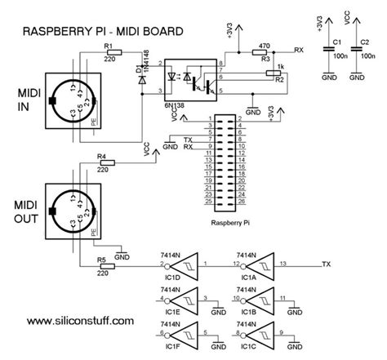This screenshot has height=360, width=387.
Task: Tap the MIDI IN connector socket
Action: pyautogui.click(x=71, y=102)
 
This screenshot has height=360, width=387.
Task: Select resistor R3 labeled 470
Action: pyautogui.click(x=264, y=51)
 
